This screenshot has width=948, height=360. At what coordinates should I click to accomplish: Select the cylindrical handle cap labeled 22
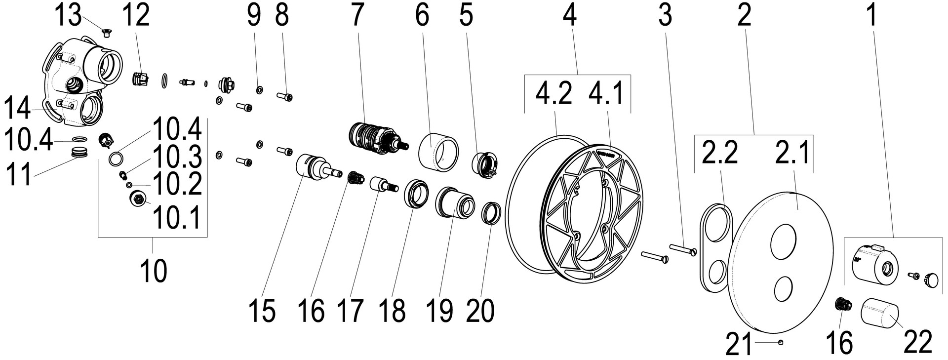tap(881, 316)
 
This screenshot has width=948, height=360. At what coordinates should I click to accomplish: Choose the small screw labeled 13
tap(105, 33)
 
